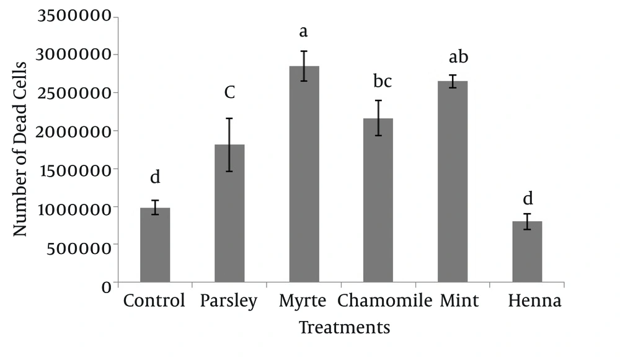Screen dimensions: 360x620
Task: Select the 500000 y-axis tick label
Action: pos(81,246)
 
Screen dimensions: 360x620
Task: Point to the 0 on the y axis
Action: pos(107,286)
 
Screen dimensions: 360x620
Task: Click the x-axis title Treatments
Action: pos(345,327)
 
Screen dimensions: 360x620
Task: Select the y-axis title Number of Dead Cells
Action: pos(20,149)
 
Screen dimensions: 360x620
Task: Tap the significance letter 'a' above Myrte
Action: pos(304,31)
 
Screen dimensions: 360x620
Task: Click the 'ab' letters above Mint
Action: pos(458,57)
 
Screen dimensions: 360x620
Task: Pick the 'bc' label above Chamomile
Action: pos(383,81)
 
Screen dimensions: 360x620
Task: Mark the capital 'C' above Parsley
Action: pos(229,93)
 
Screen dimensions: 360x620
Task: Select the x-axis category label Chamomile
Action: pos(384,301)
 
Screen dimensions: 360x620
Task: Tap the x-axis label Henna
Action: pos(534,301)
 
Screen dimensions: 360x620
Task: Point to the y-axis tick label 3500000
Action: pos(75,16)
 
